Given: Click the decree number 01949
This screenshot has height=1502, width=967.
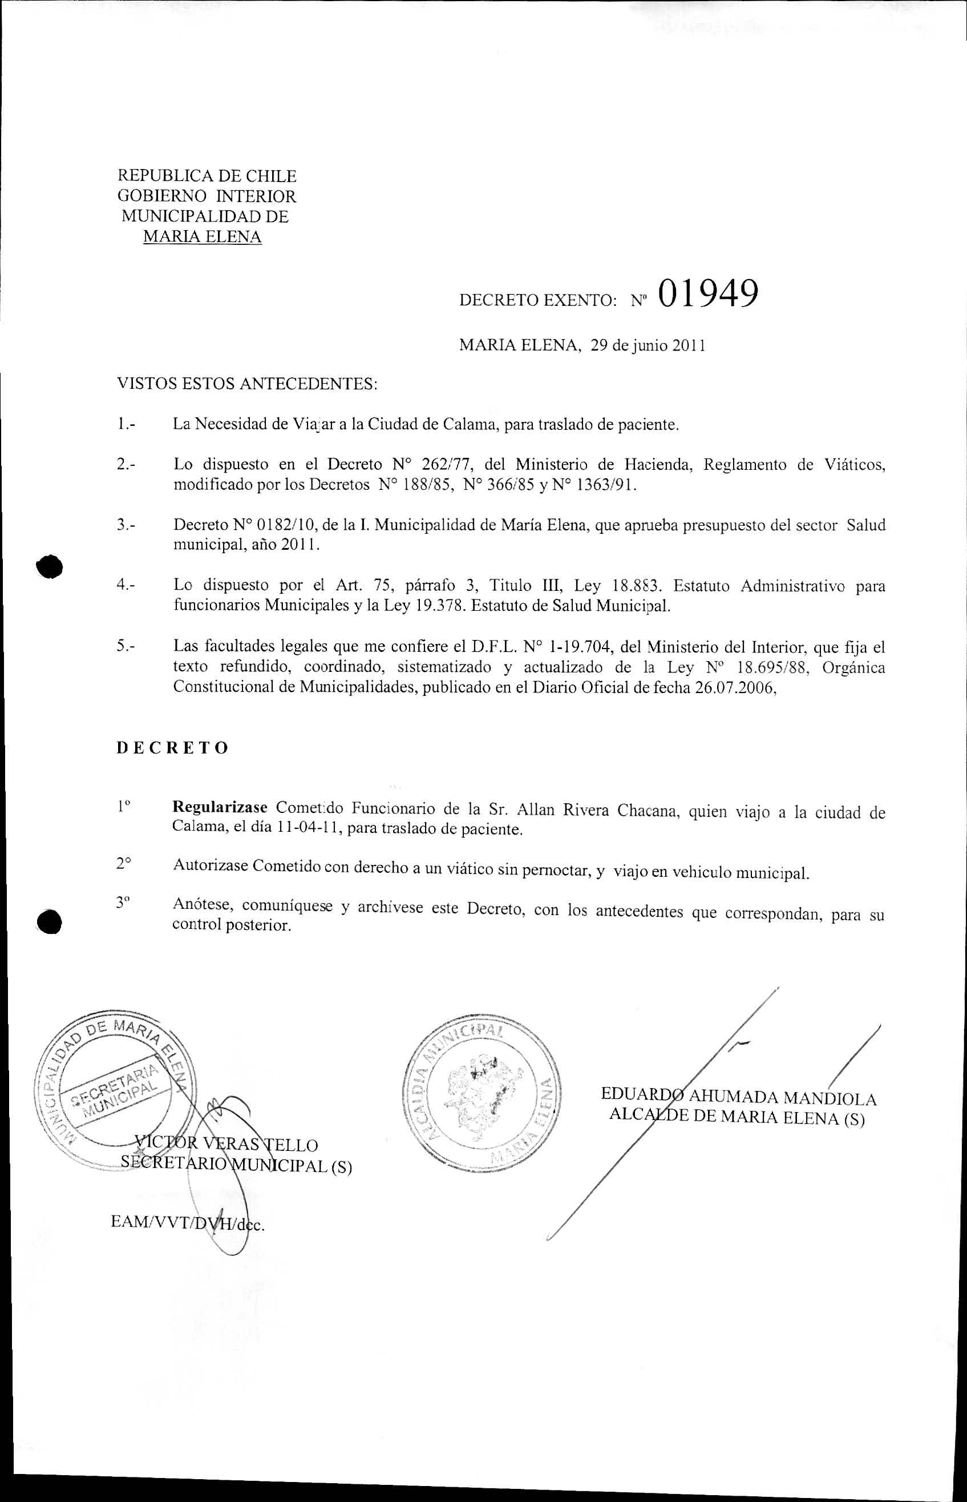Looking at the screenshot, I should pos(707,293).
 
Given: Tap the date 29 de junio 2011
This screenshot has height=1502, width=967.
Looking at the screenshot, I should pos(648,345).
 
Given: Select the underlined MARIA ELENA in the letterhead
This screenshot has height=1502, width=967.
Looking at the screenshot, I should pos(202,237).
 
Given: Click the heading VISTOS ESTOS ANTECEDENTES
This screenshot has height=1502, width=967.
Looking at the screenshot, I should pos(247,383).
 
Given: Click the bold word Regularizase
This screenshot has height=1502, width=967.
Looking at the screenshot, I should pos(220,807).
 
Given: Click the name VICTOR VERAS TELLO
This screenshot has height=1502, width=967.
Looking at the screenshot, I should pos(227,1145).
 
